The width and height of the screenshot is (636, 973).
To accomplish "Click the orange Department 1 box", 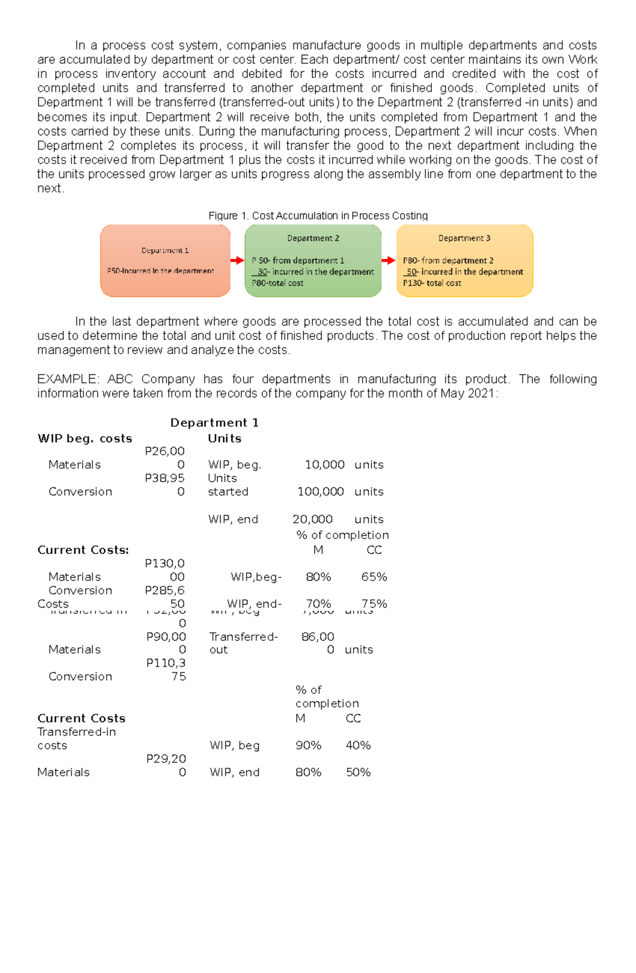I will click(165, 260).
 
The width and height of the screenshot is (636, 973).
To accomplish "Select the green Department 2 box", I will click(313, 260).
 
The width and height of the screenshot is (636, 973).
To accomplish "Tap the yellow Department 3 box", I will click(464, 260).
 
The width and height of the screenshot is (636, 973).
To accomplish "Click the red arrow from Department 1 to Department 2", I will click(237, 260).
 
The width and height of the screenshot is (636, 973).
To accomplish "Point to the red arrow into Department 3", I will click(388, 260).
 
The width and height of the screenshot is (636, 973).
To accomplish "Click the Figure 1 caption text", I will click(318, 215).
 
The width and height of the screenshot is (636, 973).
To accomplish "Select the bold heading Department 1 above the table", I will click(214, 423).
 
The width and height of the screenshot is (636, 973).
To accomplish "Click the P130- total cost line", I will click(432, 283).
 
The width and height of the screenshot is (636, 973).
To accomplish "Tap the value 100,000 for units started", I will click(321, 492).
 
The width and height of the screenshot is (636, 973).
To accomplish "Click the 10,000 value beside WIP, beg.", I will click(324, 464).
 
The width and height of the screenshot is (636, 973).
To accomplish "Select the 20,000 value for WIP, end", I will click(313, 519).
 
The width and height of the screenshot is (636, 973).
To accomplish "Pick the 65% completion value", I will click(374, 577).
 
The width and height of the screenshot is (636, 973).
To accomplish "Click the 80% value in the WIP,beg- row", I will click(318, 577).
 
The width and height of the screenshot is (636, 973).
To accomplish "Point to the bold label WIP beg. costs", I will click(85, 439).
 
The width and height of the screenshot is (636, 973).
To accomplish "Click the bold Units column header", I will click(225, 439).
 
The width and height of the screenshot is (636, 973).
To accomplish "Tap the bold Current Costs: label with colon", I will click(83, 550).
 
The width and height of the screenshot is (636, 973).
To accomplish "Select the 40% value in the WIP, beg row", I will click(358, 745).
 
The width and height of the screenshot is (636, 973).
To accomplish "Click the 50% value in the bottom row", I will click(358, 772).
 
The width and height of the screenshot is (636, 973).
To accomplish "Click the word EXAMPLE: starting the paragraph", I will click(67, 379).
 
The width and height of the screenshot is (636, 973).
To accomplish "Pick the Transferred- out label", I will click(243, 643).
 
